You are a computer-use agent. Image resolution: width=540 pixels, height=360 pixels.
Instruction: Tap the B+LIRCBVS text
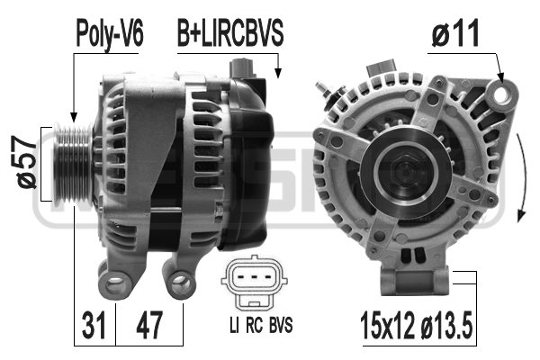coord(229,34)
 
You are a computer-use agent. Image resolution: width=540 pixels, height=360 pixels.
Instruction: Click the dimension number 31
coord(93,321)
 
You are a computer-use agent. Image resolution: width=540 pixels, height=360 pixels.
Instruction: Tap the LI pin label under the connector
coord(232,322)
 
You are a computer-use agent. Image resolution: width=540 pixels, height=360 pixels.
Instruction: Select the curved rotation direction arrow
coord(521,180)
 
